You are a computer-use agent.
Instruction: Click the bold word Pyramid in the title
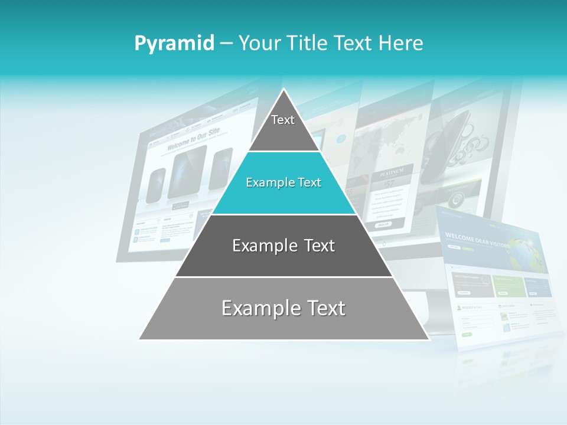click(x=174, y=43)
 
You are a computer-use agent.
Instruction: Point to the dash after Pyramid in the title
click(x=226, y=44)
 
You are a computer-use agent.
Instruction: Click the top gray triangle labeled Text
click(x=283, y=127)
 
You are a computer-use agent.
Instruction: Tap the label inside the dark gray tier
click(x=283, y=246)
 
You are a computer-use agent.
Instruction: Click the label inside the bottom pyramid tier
click(x=283, y=308)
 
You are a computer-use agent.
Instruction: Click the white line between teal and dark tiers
click(x=283, y=214)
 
